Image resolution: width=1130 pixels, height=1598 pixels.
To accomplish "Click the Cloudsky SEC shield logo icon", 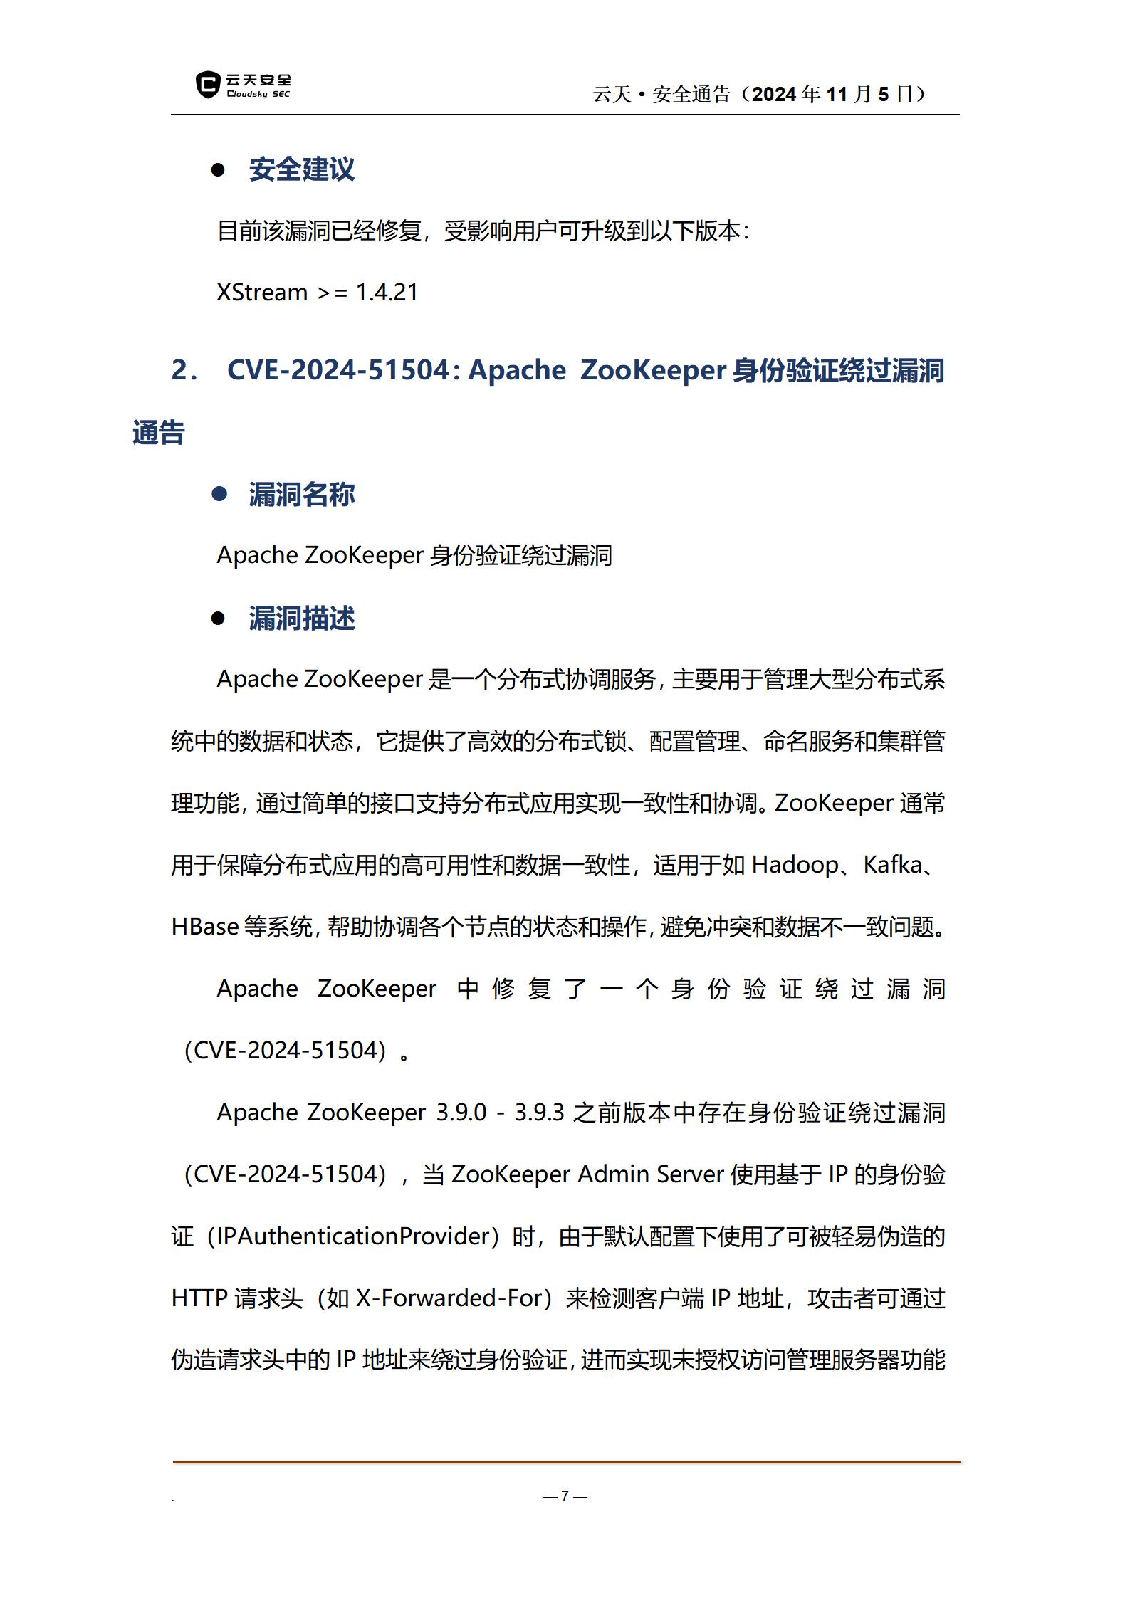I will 207,85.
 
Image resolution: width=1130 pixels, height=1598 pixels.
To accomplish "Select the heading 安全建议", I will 301,169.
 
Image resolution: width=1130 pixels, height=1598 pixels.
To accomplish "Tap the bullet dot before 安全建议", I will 219,169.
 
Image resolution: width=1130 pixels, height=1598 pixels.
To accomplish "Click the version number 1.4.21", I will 387,293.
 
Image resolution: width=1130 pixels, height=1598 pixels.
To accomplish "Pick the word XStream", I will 261,293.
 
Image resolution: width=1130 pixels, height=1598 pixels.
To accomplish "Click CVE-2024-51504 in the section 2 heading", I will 338,370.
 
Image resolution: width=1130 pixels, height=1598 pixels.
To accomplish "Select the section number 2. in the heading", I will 184,370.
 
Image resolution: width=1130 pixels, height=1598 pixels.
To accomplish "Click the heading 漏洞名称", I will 301,494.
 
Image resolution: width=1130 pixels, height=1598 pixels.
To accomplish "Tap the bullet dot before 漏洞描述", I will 219,619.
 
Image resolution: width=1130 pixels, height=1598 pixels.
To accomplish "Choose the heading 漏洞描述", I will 301,619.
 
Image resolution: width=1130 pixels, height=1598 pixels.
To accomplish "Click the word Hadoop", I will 795,865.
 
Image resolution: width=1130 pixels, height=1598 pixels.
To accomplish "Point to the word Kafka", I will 893,865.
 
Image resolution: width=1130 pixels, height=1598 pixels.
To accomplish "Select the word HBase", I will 205,927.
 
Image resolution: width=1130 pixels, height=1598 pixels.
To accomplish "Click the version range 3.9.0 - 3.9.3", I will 500,1113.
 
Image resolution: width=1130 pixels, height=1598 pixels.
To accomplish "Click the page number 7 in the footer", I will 565,1496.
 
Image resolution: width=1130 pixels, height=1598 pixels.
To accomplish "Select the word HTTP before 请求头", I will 199,1298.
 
